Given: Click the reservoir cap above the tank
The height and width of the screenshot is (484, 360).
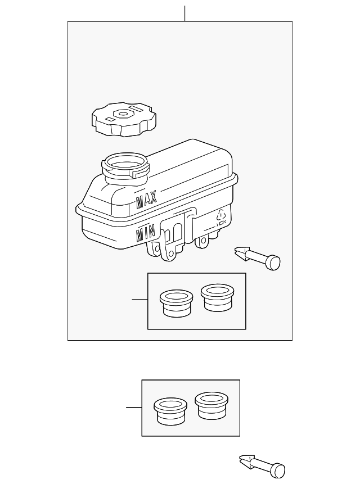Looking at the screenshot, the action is (124, 120).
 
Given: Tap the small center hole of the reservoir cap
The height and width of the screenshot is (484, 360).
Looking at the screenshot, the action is (123, 114).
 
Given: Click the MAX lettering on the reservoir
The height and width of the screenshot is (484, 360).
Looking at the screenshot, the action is (146, 199).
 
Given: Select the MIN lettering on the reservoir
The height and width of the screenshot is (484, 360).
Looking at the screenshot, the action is (146, 233).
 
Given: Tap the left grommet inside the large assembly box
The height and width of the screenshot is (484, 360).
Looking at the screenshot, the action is (177, 303).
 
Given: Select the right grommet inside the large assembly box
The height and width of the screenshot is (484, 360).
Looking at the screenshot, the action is (217, 297).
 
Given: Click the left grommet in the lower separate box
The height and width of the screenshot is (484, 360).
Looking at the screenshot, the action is (171, 411).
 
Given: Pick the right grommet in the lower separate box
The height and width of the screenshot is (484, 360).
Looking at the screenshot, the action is (211, 406).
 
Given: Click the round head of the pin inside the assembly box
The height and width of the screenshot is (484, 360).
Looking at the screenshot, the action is (274, 263).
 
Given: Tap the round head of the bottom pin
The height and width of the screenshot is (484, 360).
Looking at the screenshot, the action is (279, 471).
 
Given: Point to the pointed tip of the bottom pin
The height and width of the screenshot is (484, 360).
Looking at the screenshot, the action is (240, 458).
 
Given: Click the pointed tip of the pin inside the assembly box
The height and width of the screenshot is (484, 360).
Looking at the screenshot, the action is (235, 250).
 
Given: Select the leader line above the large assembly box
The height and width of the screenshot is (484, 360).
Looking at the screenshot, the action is (184, 13).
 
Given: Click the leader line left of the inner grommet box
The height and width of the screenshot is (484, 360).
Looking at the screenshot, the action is (140, 300).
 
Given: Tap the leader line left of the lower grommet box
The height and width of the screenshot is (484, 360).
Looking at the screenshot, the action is (134, 408).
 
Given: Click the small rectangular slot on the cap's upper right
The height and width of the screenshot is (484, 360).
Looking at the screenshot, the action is (136, 108).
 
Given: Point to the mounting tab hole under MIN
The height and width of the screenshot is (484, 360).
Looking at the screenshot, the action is (157, 248).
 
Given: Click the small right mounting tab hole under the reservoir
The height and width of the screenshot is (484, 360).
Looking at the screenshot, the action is (204, 240).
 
